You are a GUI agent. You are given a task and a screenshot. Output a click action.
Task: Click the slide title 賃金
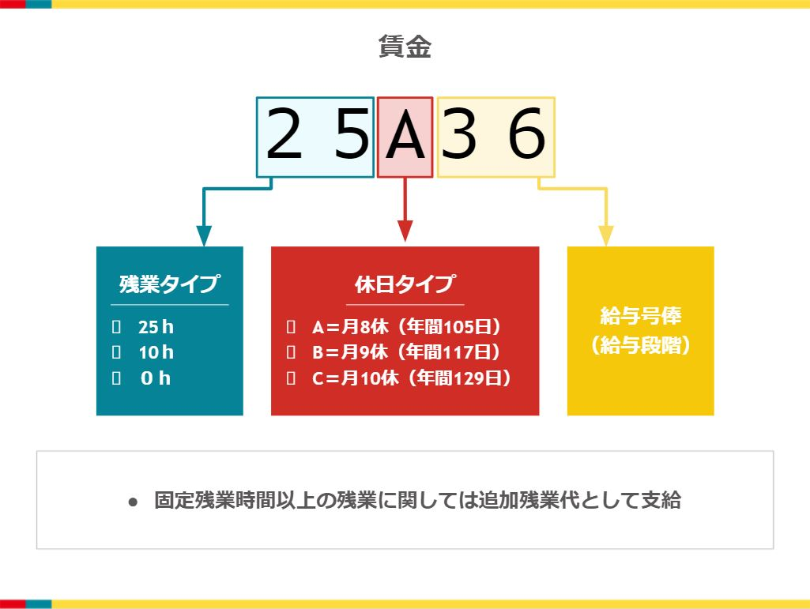[405, 47]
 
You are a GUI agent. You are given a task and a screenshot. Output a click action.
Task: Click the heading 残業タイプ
[169, 284]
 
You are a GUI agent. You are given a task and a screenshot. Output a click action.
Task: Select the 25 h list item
[155, 327]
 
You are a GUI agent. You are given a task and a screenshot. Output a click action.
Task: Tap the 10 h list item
[155, 352]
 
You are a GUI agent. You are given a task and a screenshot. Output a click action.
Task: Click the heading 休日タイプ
[405, 284]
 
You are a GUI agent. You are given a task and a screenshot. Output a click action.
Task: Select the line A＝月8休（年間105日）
[407, 327]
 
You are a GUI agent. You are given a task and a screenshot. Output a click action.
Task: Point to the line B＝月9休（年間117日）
[407, 352]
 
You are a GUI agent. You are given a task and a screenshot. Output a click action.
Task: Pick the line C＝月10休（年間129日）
[412, 378]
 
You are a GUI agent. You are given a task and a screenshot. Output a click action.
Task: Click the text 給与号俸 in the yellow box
[640, 317]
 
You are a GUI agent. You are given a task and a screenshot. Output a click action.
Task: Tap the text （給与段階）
[640, 346]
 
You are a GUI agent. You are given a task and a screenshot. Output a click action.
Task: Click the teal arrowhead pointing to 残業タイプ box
[204, 236]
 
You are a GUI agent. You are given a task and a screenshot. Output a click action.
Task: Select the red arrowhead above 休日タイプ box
[405, 231]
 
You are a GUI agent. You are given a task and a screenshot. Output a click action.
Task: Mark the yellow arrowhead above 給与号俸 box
[606, 235]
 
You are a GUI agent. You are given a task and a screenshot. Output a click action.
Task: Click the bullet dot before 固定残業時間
[134, 502]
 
